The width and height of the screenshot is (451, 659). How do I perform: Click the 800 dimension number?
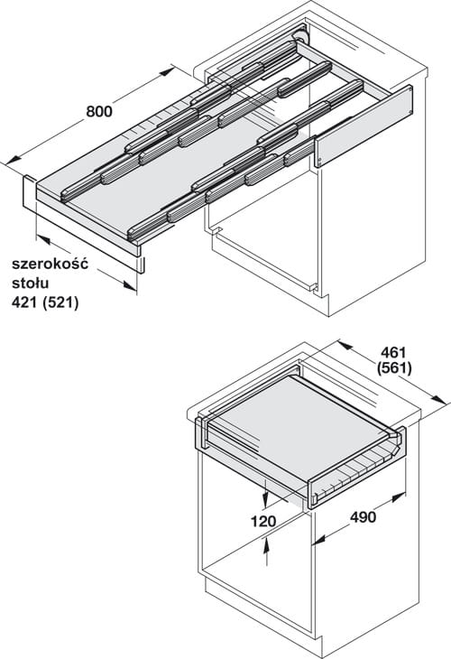99,111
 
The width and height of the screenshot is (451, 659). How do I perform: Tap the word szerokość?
50,264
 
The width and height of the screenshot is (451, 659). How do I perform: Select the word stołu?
31,283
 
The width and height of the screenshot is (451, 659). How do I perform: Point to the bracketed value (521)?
60,302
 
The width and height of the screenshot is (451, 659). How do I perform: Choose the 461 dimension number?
393,352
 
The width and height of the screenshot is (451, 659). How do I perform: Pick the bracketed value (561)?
394,368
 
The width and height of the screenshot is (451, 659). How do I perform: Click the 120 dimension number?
263,522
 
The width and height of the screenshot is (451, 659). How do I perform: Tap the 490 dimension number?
363,517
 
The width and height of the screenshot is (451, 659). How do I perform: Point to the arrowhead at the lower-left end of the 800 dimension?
12,160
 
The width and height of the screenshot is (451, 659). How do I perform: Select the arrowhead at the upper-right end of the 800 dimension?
166,71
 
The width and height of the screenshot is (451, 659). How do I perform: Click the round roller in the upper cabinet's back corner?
301,37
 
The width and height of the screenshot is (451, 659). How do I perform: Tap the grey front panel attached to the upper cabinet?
364,125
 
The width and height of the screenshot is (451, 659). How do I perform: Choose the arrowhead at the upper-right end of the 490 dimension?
398,497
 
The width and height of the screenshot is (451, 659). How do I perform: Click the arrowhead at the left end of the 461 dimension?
345,346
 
